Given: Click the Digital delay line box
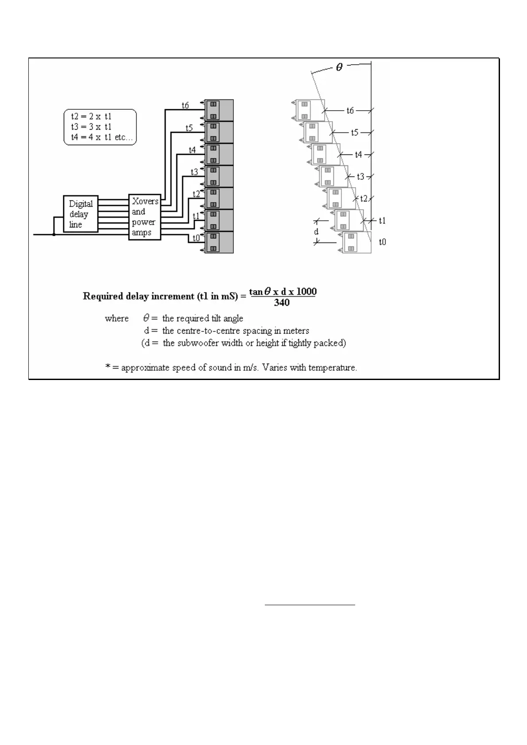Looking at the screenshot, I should [x=80, y=214].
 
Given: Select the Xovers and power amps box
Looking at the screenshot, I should [x=144, y=217].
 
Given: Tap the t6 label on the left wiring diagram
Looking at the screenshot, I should [x=185, y=105].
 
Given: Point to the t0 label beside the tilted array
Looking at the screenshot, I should [x=382, y=242].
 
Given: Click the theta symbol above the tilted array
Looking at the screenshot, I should [x=339, y=68].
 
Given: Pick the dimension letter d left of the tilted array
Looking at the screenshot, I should [x=316, y=231].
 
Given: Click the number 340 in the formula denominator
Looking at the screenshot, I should [x=282, y=303].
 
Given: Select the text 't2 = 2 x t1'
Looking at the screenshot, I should [x=91, y=116].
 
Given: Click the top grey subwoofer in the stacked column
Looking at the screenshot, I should [x=219, y=110].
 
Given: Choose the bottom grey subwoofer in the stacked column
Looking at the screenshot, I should [x=219, y=242].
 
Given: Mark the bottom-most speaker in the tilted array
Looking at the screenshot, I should [x=357, y=242].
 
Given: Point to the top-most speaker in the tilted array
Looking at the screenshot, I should [x=310, y=110].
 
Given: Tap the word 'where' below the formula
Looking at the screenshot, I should [x=116, y=319].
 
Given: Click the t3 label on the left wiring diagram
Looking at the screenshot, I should [x=194, y=172].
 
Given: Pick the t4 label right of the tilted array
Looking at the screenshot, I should [x=358, y=154].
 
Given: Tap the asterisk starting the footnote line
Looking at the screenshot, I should [x=108, y=367].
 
